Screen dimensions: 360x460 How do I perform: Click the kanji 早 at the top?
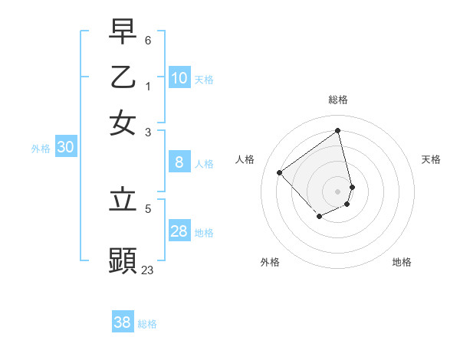click(123, 33)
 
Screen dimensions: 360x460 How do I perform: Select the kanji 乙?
click(123, 77)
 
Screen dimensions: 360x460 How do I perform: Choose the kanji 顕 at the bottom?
click(123, 260)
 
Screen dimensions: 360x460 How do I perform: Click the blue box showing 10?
click(179, 78)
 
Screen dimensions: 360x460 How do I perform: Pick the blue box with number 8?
click(179, 162)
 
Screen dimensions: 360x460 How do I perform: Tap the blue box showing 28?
click(179, 232)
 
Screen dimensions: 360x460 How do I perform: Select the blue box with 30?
click(65, 148)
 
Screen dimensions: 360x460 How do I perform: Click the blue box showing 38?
click(123, 322)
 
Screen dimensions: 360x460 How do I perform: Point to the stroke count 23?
click(147, 270)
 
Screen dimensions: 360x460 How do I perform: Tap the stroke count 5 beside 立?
click(148, 208)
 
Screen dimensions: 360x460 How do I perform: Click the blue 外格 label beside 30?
click(41, 149)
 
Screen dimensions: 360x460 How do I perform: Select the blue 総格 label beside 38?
click(147, 324)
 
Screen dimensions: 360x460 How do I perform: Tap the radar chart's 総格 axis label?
click(338, 100)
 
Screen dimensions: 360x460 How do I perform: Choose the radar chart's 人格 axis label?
click(245, 159)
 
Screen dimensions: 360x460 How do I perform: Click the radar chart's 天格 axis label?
click(431, 159)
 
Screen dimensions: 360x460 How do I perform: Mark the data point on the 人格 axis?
click(280, 173)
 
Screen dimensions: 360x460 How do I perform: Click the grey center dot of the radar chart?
click(338, 191)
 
